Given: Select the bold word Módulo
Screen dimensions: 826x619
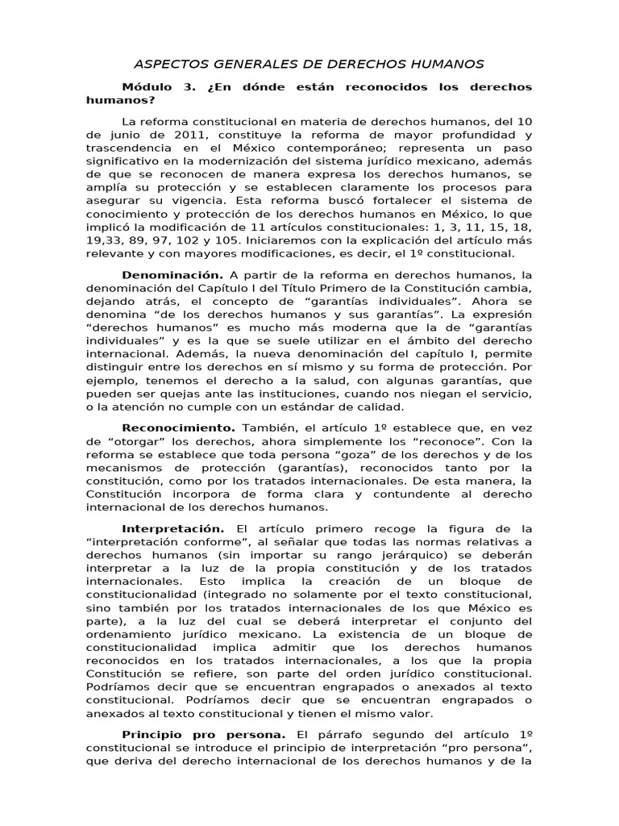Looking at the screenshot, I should click(149, 86).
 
